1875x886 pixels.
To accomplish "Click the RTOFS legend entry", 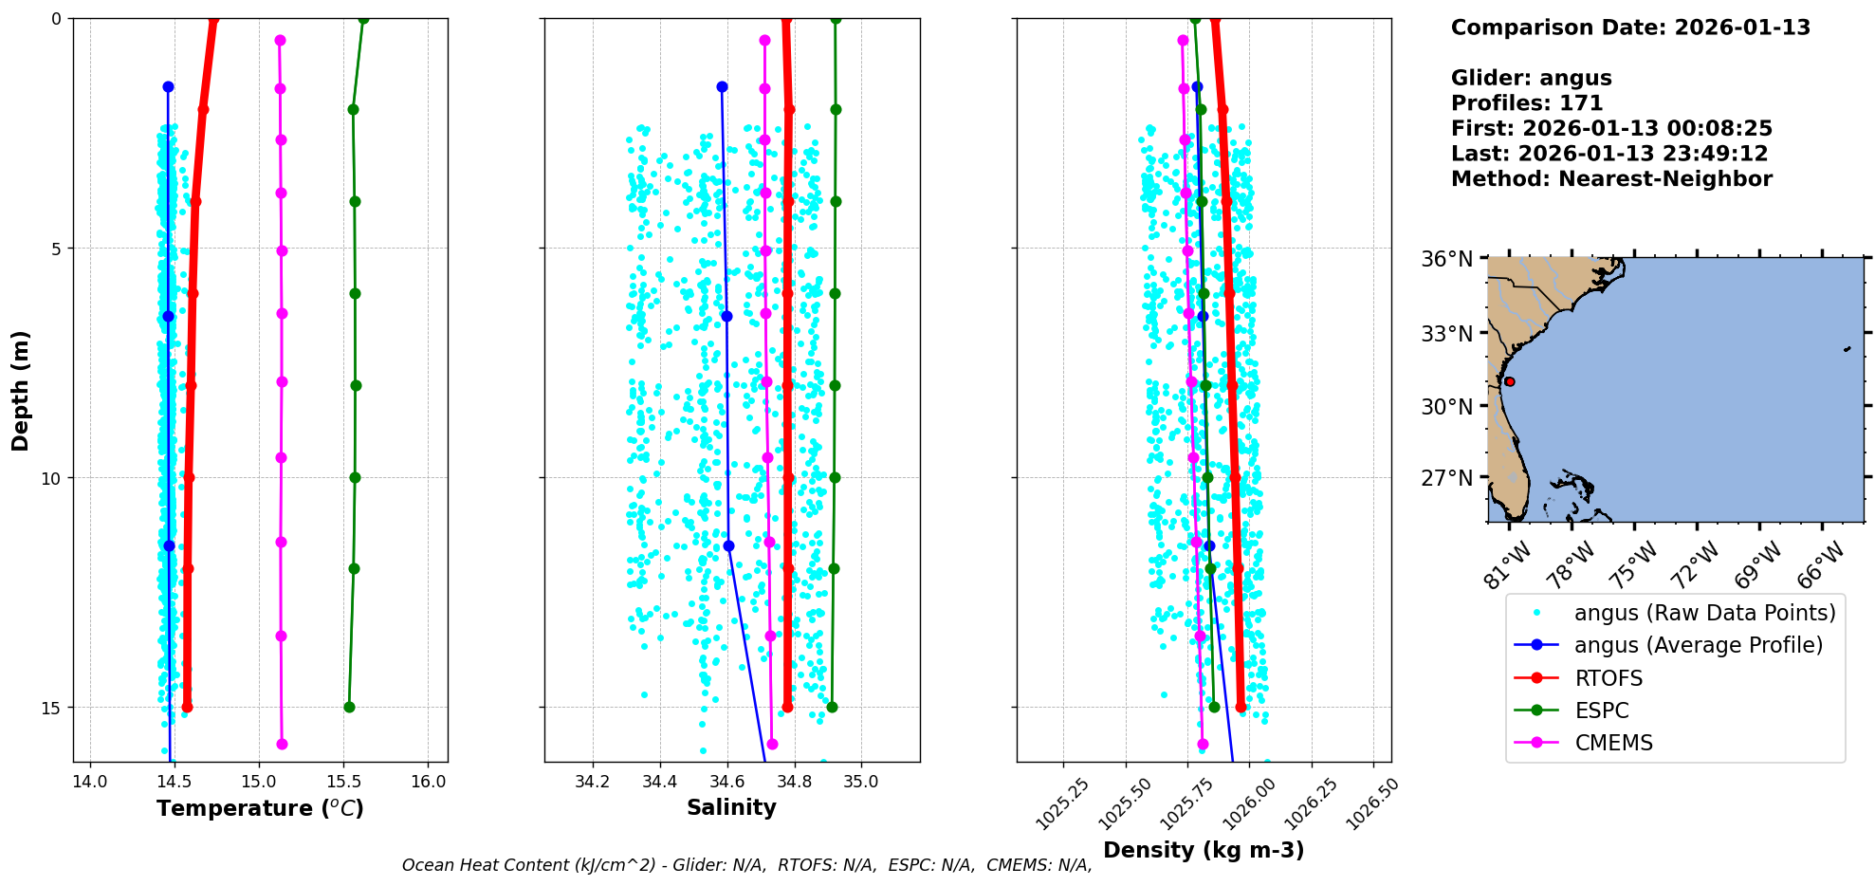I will coord(1608,678).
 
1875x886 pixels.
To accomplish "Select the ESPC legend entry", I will coord(1602,711).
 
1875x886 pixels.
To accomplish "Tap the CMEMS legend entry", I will coord(1613,743).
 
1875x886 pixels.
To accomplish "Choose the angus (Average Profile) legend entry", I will coord(1698,645).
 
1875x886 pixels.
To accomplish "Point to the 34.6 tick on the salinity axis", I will coord(727,782).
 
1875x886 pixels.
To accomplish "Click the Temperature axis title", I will coord(260,808).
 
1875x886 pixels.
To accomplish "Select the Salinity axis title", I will coord(731,807).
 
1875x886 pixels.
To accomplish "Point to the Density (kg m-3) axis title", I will coord(1204,850).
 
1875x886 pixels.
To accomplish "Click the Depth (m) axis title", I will coord(21,391).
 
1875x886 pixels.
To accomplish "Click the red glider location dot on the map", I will coord(1509,381).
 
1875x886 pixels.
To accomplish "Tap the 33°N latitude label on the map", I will coord(1447,333).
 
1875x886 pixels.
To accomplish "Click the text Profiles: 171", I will coord(1527,103).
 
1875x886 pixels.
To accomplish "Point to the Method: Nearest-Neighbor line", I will coord(1611,178).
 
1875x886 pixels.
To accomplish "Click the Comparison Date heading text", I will coord(1630,28).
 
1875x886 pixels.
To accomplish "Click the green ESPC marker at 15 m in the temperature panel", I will coord(349,707).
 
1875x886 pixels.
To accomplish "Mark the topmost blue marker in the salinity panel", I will coord(722,86).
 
